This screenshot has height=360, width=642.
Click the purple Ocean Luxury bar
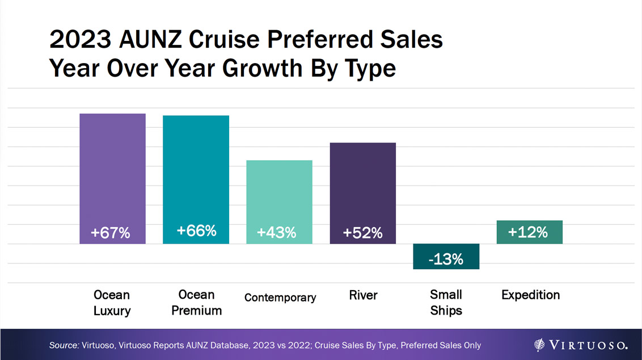(112, 170)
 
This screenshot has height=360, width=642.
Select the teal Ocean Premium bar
(196, 170)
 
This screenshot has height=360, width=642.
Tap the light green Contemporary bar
(279, 193)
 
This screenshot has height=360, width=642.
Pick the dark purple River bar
(362, 182)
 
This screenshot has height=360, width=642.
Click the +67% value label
(111, 233)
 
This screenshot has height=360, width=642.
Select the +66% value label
(196, 231)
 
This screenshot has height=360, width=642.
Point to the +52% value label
(362, 233)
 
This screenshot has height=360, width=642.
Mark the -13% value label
(446, 259)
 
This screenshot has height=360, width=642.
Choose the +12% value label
(527, 232)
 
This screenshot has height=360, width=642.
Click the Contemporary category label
(280, 298)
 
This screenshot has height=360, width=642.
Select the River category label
(363, 295)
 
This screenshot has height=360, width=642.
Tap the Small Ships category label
(446, 303)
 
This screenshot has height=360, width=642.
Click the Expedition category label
(530, 295)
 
